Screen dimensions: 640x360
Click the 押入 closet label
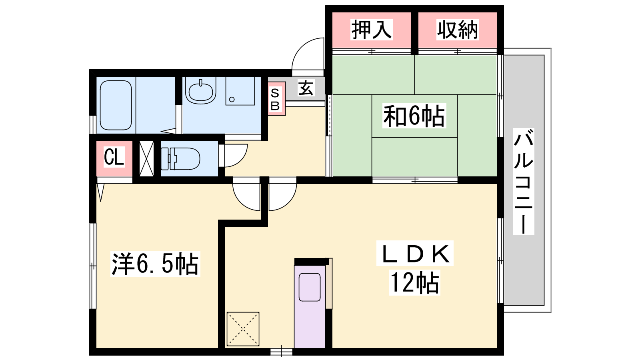coord(372,30)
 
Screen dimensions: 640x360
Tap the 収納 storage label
coord(458,30)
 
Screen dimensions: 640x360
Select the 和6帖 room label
coord(414,116)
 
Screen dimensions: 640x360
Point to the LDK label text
coord(415,254)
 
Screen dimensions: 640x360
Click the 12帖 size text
coord(414,282)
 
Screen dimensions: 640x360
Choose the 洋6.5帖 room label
coord(155,264)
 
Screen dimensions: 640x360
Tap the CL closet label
coord(114,157)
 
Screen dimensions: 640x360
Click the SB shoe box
coord(276,99)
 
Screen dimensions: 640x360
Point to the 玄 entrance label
coord(306,88)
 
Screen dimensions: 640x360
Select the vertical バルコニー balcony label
coord(524,182)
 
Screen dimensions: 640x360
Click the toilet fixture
coord(180,158)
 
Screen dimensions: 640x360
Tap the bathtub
coord(116,106)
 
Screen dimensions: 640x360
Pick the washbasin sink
coord(201,90)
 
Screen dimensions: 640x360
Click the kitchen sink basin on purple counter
coord(310,287)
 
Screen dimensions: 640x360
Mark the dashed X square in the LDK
coord(243,329)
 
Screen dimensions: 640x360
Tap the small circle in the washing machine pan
coord(232,100)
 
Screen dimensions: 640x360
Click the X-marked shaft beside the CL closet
coord(146,158)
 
